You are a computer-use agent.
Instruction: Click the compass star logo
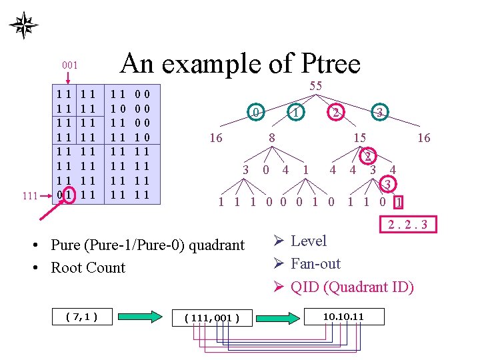tap(23, 25)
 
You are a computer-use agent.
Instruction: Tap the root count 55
tap(315, 86)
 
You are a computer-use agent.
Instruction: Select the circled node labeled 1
tap(295, 113)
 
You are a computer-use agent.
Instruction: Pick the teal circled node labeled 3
tap(379, 113)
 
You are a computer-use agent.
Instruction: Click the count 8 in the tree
tap(272, 138)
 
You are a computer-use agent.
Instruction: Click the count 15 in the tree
tap(360, 138)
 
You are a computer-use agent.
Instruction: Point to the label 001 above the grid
tap(70, 65)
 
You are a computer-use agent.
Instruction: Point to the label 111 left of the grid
tap(30, 196)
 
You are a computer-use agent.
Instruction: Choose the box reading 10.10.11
tap(343, 315)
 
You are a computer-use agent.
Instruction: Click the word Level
tap(309, 241)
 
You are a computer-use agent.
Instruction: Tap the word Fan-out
tap(315, 264)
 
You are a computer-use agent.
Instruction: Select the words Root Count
tap(88, 268)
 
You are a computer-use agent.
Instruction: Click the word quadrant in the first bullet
tap(213, 245)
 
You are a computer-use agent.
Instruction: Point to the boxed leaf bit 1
tap(399, 201)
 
